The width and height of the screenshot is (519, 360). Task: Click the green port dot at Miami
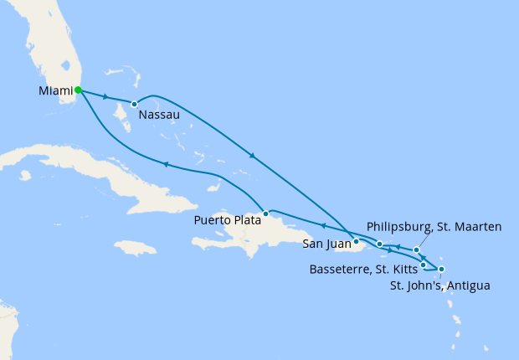[77, 90]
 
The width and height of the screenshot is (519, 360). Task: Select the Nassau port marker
[134, 104]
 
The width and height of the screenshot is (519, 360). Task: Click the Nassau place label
[159, 117]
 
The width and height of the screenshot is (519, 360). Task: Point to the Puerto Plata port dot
[265, 213]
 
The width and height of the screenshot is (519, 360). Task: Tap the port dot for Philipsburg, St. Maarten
[416, 249]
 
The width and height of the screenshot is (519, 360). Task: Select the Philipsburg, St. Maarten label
[434, 227]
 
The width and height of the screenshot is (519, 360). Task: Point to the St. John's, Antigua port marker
[441, 269]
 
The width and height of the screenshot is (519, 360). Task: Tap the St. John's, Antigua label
[440, 285]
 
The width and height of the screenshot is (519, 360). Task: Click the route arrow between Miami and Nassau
[105, 97]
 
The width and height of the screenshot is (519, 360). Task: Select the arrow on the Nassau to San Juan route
[250, 156]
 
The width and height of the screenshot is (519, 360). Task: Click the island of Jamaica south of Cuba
[134, 248]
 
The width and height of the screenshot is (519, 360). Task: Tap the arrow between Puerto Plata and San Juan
[322, 225]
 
